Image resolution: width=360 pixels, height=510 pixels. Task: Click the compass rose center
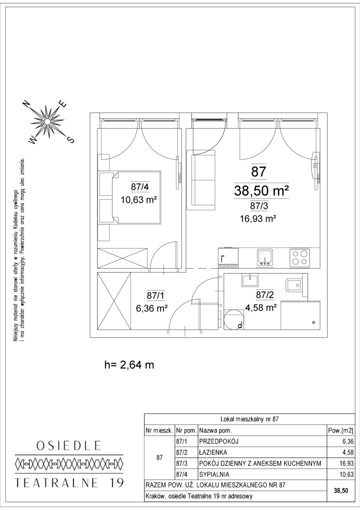(x=48, y=122)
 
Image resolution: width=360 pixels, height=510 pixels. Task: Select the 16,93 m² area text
(x=258, y=219)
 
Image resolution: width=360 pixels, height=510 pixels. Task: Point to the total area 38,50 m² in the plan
(x=261, y=191)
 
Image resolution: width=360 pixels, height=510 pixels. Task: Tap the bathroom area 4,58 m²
(x=261, y=307)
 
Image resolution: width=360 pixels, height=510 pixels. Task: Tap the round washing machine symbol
(x=234, y=319)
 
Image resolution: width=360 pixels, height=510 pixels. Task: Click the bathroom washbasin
(x=250, y=280)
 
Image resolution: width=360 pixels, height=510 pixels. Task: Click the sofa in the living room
(x=203, y=178)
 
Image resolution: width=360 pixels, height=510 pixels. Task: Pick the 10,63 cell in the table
(x=347, y=475)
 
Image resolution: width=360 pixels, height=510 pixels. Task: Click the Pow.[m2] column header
(x=341, y=431)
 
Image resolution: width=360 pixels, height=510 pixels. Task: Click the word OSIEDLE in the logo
(x=69, y=445)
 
